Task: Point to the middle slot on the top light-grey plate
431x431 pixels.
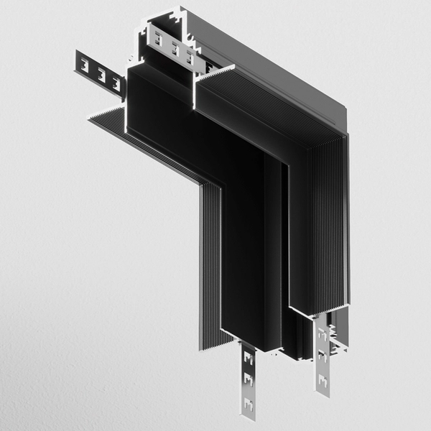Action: [175, 48]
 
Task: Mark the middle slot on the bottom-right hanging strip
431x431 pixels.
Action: [322, 353]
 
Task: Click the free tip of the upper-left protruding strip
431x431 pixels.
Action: [75, 61]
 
